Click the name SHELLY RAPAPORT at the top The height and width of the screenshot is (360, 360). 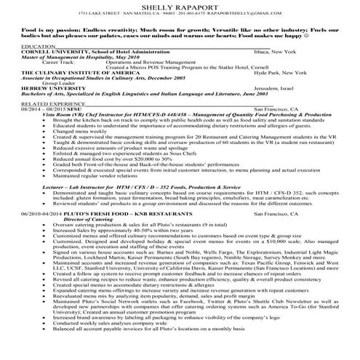click(x=179, y=5)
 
